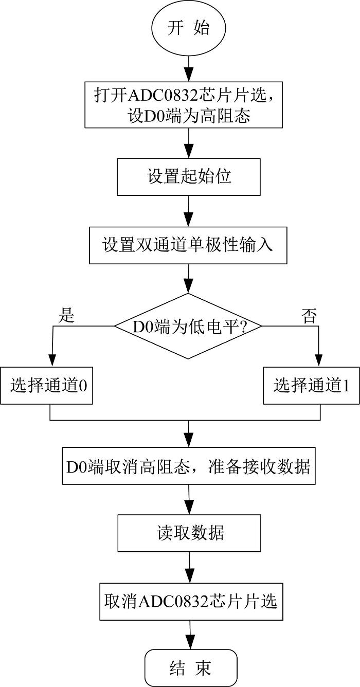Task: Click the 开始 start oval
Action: pos(189,28)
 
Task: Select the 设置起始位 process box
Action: pos(189,177)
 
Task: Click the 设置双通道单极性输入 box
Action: pos(188,245)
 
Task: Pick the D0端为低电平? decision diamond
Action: pos(188,326)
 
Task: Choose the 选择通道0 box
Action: pos(47,386)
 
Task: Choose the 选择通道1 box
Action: pos(311,386)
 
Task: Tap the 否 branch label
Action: pos(309,316)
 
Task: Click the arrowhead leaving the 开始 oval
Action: pos(189,74)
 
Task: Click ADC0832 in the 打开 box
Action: pos(162,95)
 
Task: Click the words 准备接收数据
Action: pos(259,466)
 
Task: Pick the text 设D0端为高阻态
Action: pos(189,116)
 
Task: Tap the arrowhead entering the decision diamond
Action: pos(188,286)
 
